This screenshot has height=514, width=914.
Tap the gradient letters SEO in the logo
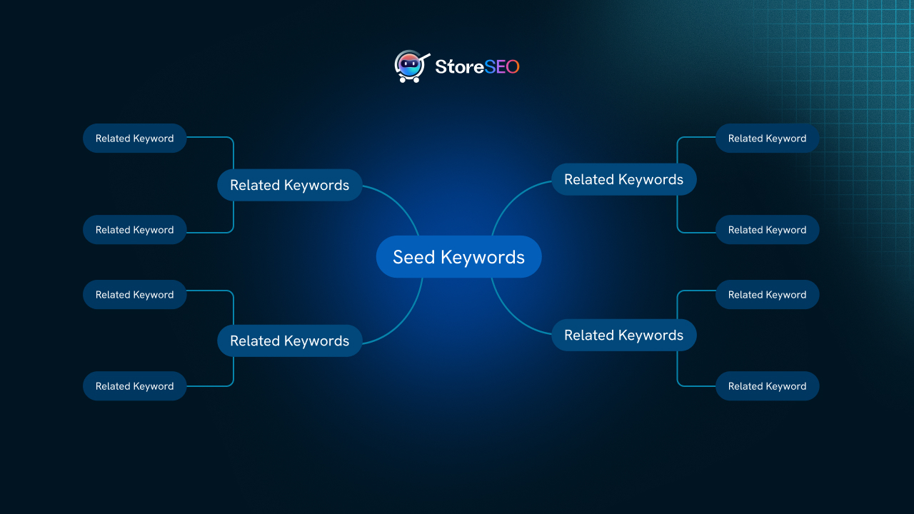click(x=502, y=67)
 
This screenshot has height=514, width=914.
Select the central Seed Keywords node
click(x=458, y=257)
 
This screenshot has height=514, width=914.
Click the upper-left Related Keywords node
click(x=289, y=185)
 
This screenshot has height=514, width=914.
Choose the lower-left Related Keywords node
click(x=289, y=341)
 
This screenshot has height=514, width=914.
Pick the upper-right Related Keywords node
click(x=623, y=179)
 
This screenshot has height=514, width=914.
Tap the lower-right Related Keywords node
click(x=623, y=335)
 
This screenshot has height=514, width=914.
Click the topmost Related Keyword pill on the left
click(x=134, y=138)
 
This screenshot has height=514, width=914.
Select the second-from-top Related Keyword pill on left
click(x=134, y=230)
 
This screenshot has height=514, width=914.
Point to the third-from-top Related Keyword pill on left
click(x=134, y=295)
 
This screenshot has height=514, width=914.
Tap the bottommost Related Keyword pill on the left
click(x=134, y=386)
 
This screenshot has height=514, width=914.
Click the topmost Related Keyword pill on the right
click(x=767, y=138)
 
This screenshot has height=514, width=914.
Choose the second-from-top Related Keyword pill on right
click(x=767, y=230)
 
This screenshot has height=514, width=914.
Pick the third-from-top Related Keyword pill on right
click(x=767, y=295)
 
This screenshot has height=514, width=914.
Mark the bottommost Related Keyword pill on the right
click(x=767, y=386)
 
